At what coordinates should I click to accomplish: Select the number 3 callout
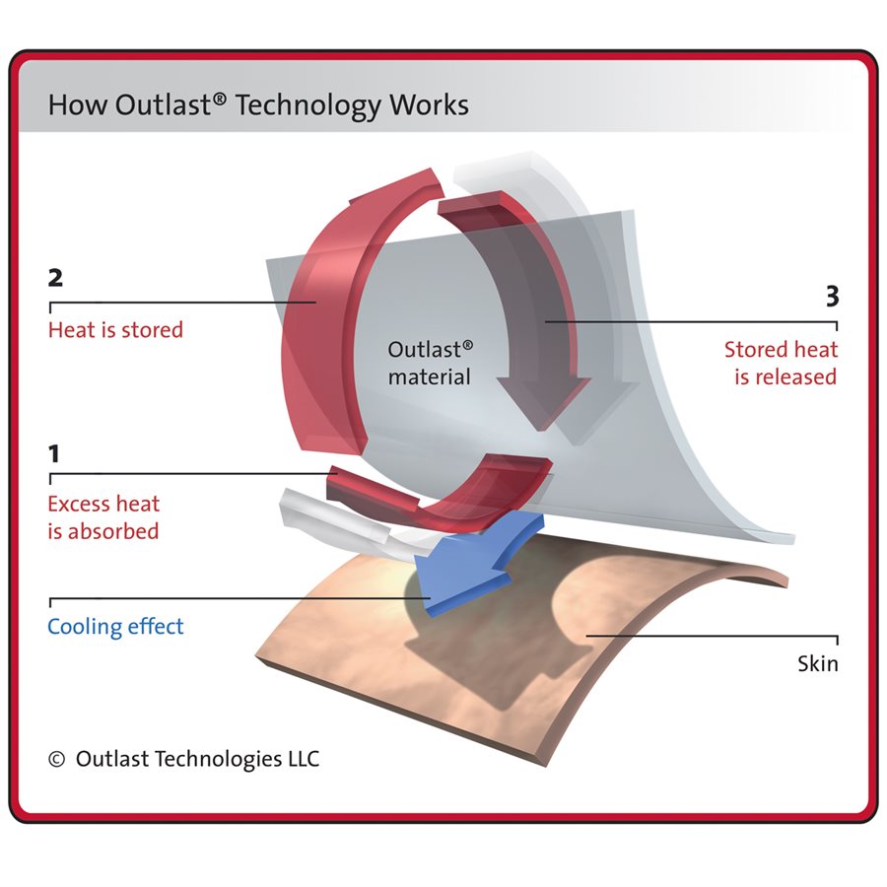coord(832,297)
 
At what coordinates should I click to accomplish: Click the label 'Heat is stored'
coord(115,329)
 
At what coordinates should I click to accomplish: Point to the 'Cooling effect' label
coord(115,627)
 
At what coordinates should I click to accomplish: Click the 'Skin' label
coord(817,663)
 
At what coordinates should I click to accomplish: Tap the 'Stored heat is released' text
coord(781,363)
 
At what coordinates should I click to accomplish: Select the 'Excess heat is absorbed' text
coord(103,517)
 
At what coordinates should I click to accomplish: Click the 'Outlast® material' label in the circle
coord(430,363)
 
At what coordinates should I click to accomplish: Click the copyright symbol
coord(56,759)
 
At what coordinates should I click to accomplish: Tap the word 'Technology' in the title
coord(309,105)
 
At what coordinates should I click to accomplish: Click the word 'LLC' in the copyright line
coord(300,759)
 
